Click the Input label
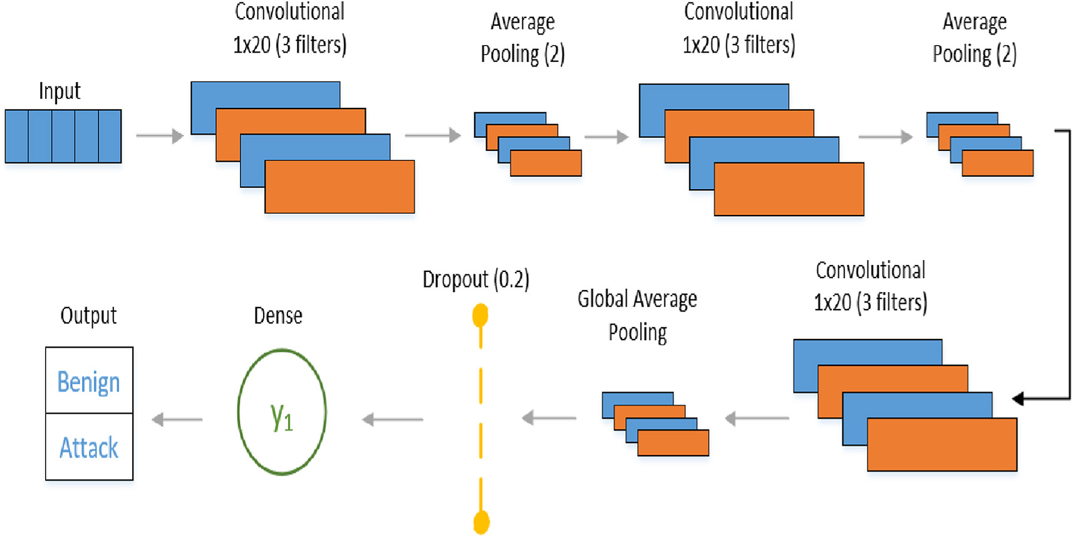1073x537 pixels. pos(60,91)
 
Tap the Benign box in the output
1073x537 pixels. pos(89,381)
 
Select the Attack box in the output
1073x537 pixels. pos(89,447)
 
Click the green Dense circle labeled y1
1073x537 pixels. pos(282,412)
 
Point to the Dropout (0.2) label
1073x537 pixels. pos(475,279)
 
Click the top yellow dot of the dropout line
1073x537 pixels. pos(480,315)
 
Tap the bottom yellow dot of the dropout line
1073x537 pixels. pos(481,522)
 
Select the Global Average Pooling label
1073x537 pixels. pos(637,315)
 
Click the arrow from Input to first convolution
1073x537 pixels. pos(160,135)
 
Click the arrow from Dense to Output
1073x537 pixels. pos(177,419)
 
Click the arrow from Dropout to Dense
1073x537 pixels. pos(392,419)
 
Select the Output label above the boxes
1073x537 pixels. pos(88,315)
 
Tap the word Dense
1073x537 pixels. pos(278,315)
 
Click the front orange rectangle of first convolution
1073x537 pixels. pos(340,187)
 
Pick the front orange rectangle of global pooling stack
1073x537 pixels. pos(673,442)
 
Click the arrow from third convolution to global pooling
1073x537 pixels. pos(757,418)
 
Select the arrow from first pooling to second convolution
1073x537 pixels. pos(606,137)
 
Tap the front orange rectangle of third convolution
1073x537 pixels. pos(942,444)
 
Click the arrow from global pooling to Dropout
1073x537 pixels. pos(549,417)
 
